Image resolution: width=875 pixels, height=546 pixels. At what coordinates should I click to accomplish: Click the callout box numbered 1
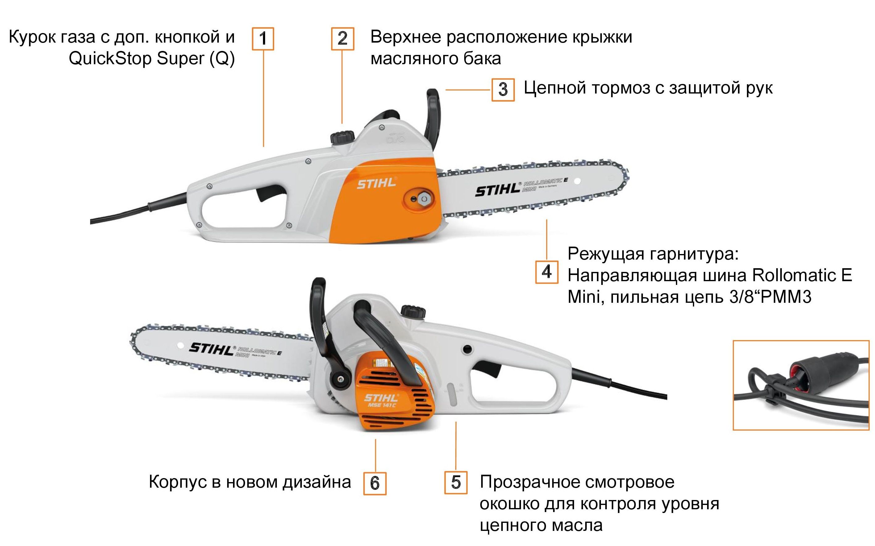click(263, 39)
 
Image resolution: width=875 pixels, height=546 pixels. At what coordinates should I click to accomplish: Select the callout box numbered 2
click(342, 39)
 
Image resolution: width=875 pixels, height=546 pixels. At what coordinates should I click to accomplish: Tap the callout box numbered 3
click(503, 90)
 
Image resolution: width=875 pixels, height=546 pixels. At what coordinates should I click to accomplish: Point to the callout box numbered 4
click(546, 272)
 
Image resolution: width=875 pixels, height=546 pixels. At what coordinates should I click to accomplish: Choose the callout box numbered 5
click(456, 482)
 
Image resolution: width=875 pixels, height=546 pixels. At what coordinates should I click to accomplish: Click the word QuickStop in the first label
click(110, 59)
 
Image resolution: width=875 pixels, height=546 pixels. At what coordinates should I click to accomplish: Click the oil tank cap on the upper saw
click(342, 136)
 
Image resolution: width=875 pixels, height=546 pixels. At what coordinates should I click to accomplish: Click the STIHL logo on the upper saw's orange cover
click(377, 183)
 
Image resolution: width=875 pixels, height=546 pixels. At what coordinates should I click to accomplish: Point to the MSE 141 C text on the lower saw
click(382, 405)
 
